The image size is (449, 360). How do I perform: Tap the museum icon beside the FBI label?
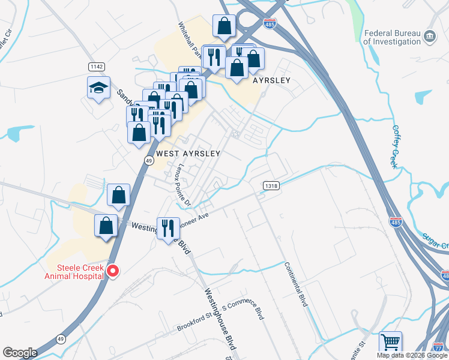pyautogui.click(x=430, y=37)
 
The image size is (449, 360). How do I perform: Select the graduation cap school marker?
pyautogui.click(x=98, y=88)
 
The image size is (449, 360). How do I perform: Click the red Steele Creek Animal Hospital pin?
pyautogui.click(x=112, y=272)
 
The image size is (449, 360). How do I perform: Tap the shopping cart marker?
pyautogui.click(x=390, y=343)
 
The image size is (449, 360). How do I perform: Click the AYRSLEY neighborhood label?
pyautogui.click(x=271, y=80)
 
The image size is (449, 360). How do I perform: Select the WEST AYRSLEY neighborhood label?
pyautogui.click(x=188, y=154)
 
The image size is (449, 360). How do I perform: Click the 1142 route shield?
pyautogui.click(x=96, y=66)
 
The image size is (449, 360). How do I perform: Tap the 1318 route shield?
pyautogui.click(x=271, y=186)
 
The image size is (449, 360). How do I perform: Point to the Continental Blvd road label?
pyautogui.click(x=296, y=284)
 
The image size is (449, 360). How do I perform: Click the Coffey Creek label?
pyautogui.click(x=395, y=146)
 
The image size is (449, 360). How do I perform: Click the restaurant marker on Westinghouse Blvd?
pyautogui.click(x=168, y=228)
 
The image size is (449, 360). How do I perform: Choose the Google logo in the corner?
pyautogui.click(x=20, y=353)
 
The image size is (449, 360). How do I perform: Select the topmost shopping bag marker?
pyautogui.click(x=224, y=26)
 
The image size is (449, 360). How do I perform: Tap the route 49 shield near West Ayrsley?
pyautogui.click(x=148, y=160)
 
